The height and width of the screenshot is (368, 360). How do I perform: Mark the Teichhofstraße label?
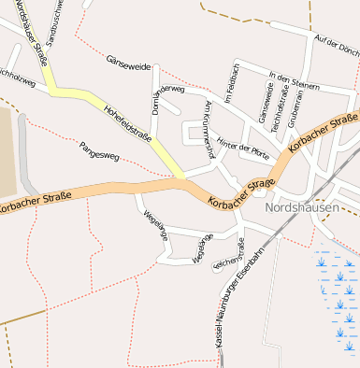[x=278, y=106]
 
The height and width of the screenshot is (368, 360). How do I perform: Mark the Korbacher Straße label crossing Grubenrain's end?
[x=324, y=131]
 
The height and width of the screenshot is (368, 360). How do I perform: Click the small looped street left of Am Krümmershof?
[x=195, y=135]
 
